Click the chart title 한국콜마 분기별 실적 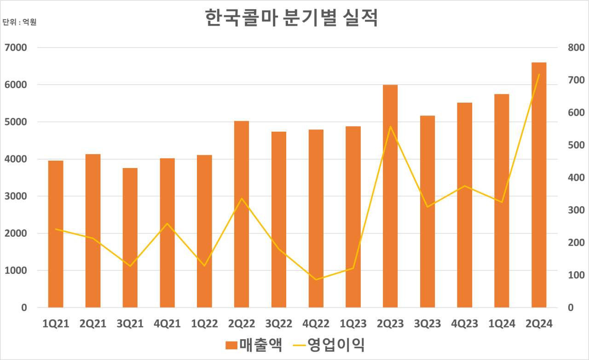[x=291, y=18]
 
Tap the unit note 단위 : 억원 [x=19, y=22]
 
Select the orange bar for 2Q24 [x=539, y=184]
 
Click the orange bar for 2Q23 [x=390, y=196]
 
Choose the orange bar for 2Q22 [x=242, y=214]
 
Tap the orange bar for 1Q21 [x=56, y=234]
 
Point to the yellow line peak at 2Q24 [x=539, y=75]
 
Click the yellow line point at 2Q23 [x=390, y=127]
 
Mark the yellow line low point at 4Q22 [x=316, y=279]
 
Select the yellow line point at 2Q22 [x=242, y=198]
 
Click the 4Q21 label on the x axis [x=167, y=324]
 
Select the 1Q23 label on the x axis [x=353, y=324]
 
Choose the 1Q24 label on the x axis [x=502, y=324]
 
